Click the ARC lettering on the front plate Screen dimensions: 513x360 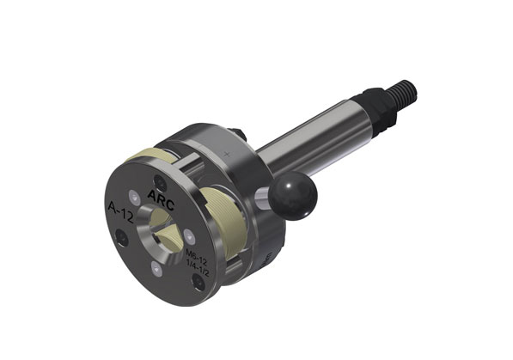point(161,199)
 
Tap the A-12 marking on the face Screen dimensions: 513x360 point(120,211)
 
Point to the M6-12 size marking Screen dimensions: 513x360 point(196,257)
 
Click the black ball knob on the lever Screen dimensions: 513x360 point(293,196)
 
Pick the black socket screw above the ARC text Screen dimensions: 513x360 point(160,183)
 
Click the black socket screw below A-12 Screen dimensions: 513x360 point(121,237)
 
